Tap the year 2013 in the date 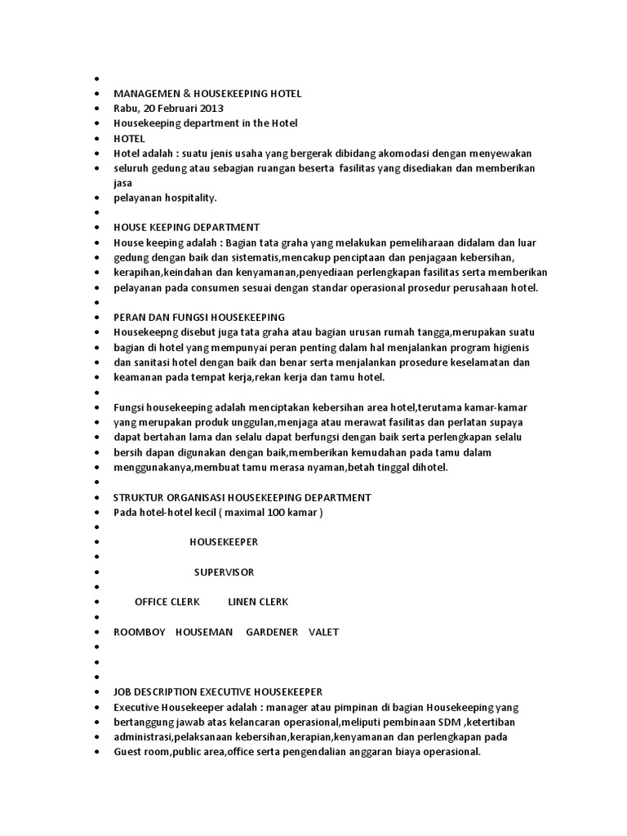(211, 109)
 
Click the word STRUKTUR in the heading (139, 497)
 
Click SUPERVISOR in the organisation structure (224, 571)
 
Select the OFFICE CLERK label (167, 602)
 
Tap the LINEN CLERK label (258, 602)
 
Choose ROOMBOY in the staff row (140, 632)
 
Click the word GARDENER (272, 632)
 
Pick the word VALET (323, 632)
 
